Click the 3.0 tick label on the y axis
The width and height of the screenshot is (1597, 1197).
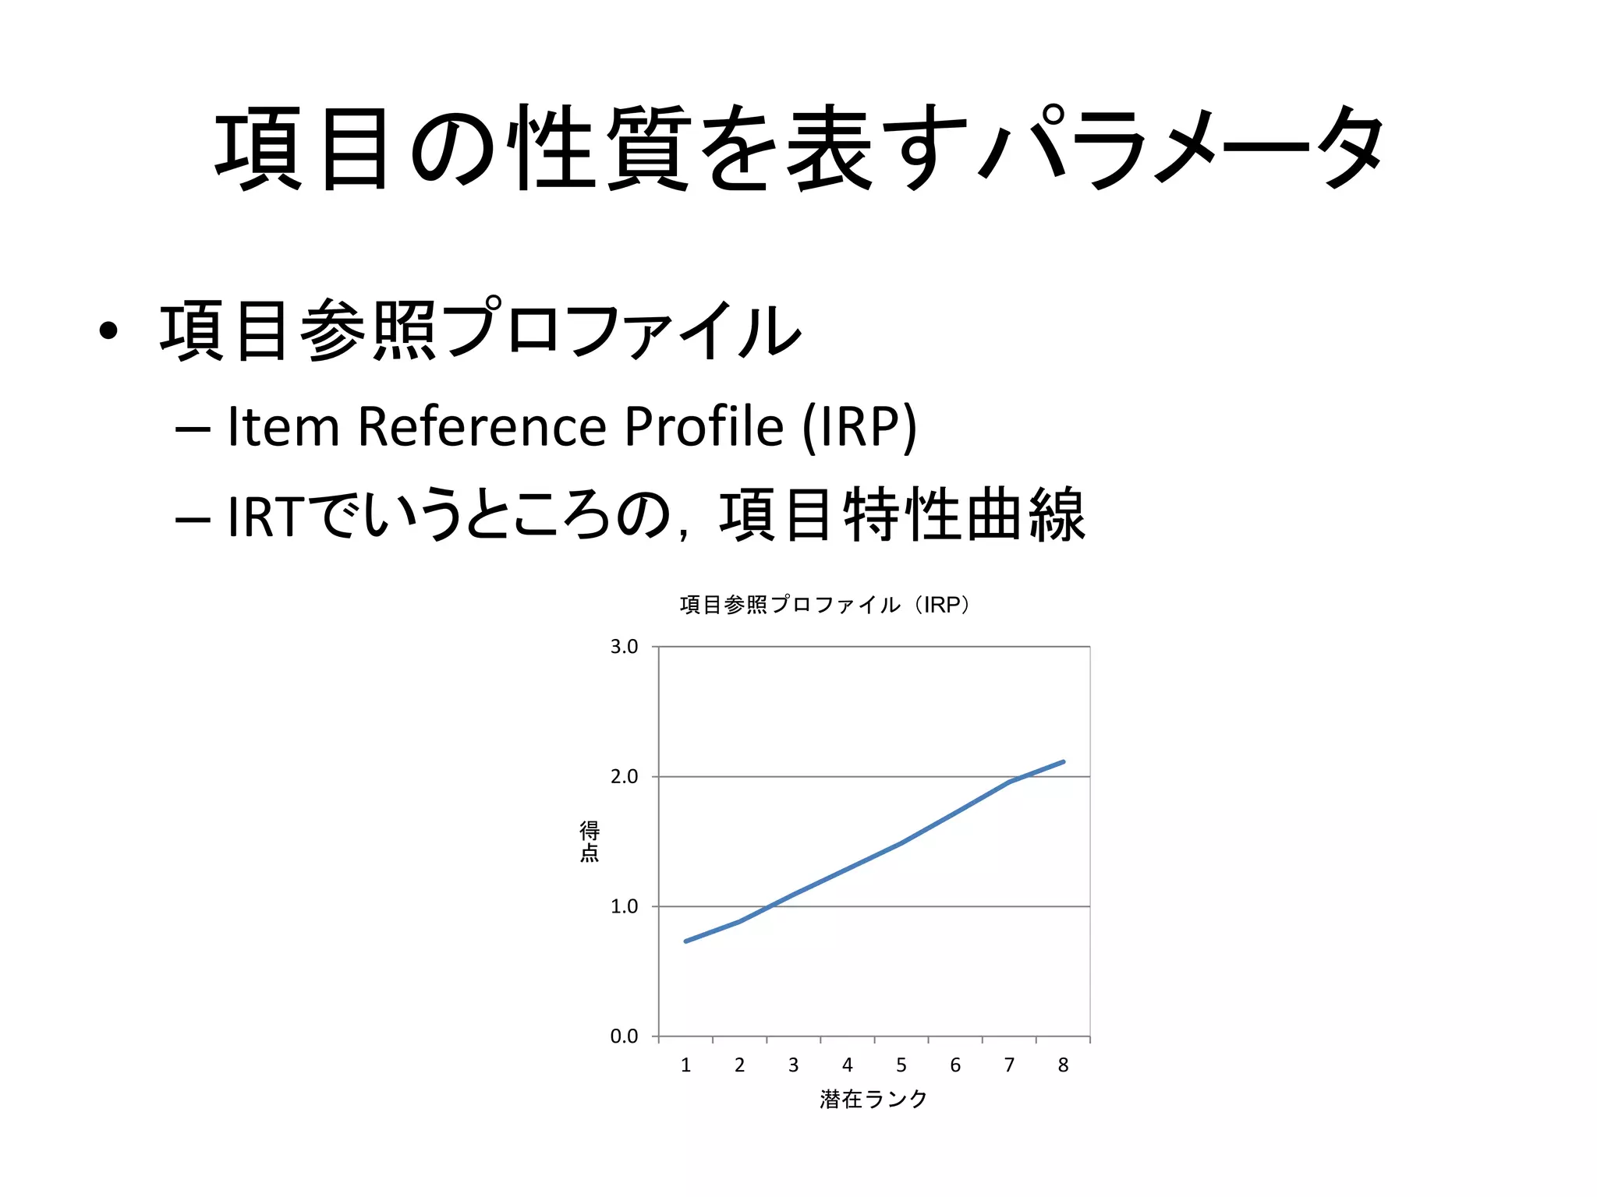(624, 647)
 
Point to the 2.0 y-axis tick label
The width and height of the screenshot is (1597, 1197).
(624, 777)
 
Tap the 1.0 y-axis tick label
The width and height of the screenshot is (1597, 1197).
(624, 906)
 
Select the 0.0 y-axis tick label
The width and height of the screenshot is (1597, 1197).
(624, 1036)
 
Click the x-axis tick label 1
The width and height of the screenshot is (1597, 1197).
(685, 1065)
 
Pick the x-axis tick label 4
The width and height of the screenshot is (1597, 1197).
(848, 1065)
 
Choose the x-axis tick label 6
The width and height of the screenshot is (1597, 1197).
(955, 1065)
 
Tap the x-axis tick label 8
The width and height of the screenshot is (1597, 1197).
(1063, 1065)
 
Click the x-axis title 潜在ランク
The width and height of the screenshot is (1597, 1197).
(873, 1100)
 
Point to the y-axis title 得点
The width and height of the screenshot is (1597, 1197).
(590, 842)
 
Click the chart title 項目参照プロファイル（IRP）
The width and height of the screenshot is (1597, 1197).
(825, 605)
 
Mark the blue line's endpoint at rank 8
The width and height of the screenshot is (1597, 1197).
(1064, 761)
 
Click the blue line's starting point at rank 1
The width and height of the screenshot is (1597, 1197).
(685, 941)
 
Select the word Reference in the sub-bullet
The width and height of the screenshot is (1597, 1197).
(482, 427)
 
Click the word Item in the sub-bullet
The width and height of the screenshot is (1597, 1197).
(283, 427)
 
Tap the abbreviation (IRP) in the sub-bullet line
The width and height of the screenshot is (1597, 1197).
(859, 427)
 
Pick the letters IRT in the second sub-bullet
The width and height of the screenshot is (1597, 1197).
(264, 516)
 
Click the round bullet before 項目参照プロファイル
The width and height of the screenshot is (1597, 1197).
(108, 331)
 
